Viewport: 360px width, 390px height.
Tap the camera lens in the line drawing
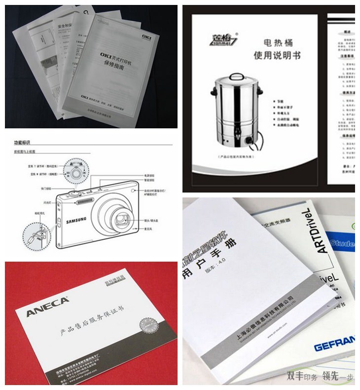coord(119,216)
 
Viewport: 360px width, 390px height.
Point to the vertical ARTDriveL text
coord(321,230)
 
